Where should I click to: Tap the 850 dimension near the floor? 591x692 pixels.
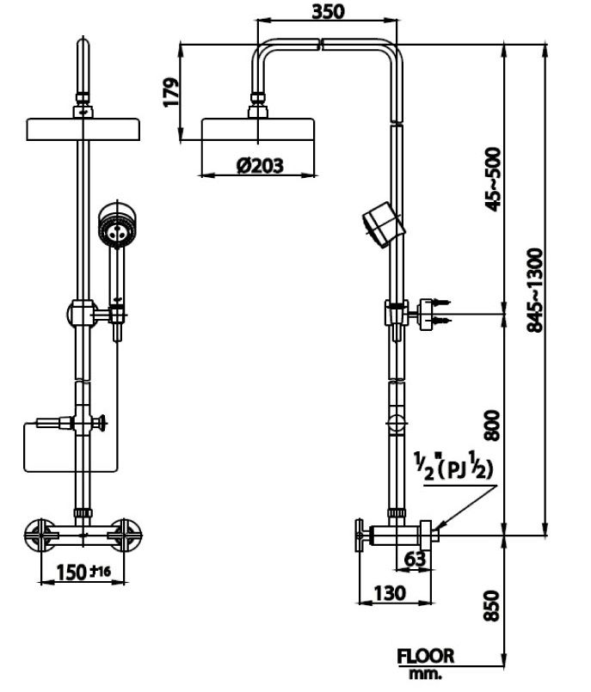pyautogui.click(x=493, y=605)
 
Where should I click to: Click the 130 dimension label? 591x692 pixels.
pyautogui.click(x=390, y=592)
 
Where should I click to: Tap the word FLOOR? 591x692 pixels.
pyautogui.click(x=425, y=657)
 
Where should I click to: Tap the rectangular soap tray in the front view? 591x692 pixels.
pyautogui.click(x=69, y=447)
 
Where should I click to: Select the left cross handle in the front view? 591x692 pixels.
pyautogui.click(x=40, y=532)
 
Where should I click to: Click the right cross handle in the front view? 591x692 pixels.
pyautogui.click(x=126, y=532)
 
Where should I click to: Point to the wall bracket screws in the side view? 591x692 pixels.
pyautogui.click(x=440, y=312)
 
